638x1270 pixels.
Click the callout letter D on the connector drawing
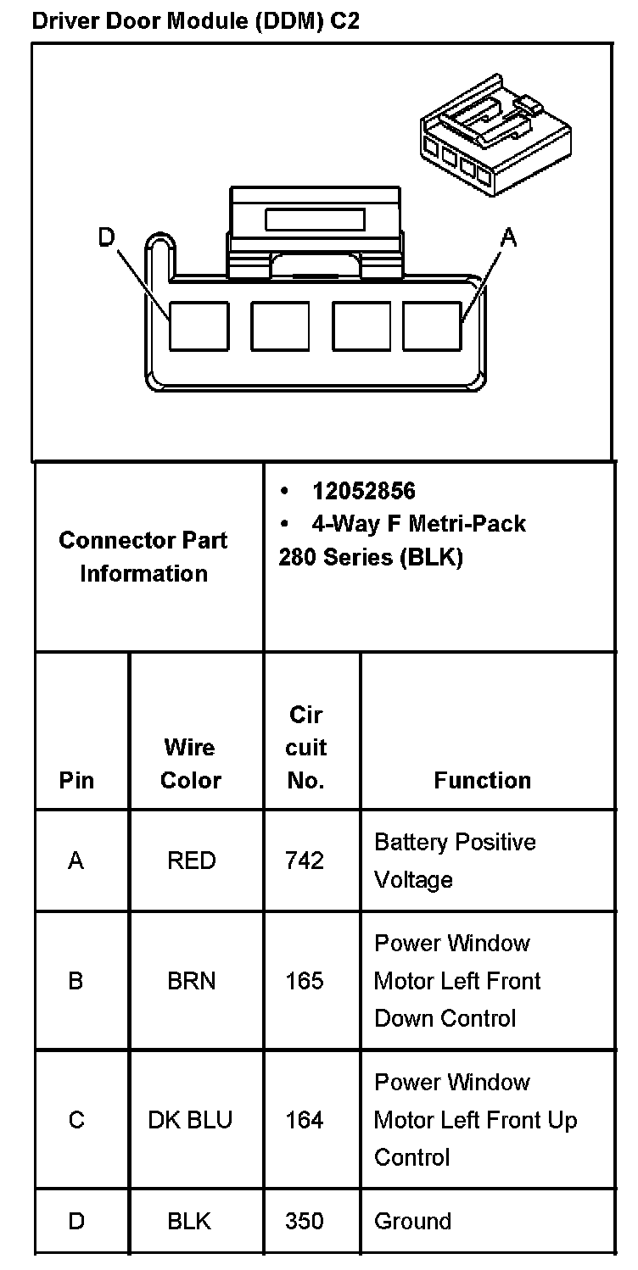pos(106,238)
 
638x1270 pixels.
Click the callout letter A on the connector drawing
pos(508,239)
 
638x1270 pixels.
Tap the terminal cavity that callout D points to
pos(199,326)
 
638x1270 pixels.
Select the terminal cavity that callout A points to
pos(432,326)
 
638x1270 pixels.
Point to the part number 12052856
pos(364,491)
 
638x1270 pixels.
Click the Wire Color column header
pos(191,763)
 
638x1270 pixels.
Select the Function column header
pos(482,780)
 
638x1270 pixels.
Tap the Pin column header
pos(76,780)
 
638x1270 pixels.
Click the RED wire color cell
pos(191,861)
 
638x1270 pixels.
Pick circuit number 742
pos(305,861)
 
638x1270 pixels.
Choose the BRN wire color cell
pos(191,981)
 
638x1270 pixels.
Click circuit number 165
pos(305,981)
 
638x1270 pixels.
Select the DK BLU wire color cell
pos(190,1120)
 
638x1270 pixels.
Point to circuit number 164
pos(305,1120)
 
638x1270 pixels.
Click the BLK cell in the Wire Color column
pos(190,1221)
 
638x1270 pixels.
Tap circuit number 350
pos(305,1221)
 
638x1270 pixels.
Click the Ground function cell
pos(412,1221)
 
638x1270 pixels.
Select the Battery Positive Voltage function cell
pos(455,861)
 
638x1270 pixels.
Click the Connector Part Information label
pos(143,557)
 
